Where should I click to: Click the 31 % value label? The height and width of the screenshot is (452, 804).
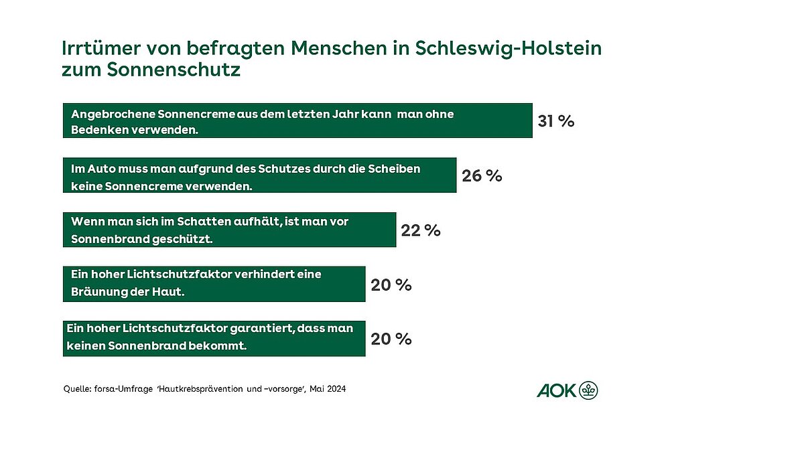[x=556, y=121]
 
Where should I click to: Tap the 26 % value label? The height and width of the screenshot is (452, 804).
[x=482, y=175]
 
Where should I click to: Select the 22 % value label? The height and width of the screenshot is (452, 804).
[x=421, y=230]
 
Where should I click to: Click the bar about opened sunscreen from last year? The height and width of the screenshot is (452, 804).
[x=297, y=121]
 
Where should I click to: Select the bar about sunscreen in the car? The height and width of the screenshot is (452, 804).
[x=259, y=175]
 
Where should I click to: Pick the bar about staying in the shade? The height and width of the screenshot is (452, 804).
[x=229, y=230]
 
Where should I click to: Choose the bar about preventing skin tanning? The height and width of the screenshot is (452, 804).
[x=214, y=284]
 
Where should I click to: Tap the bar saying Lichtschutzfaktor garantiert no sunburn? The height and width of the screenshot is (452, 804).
[x=214, y=338]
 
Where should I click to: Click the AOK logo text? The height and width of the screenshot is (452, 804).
[x=556, y=390]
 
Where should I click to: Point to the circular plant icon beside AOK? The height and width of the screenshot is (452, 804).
[x=589, y=390]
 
